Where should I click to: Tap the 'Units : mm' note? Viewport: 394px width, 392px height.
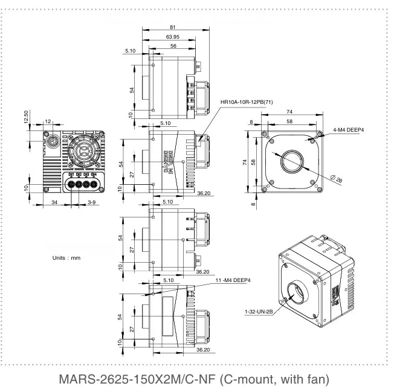[x=66, y=258]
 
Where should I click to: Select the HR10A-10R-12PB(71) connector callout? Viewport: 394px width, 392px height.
[x=247, y=101]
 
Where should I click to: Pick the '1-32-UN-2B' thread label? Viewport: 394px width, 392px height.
[x=258, y=312]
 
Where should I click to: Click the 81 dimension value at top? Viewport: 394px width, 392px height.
[x=173, y=27]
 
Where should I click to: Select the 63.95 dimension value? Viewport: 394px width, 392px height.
[x=173, y=37]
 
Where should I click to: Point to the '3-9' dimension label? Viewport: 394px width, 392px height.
[x=92, y=201]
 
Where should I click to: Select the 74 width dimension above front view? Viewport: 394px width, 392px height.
[x=289, y=112]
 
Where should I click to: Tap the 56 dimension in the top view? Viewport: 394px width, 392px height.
[x=173, y=46]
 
